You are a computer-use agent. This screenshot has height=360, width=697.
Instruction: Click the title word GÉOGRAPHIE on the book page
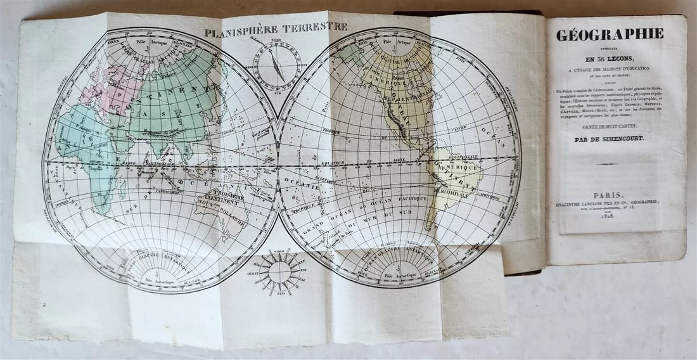coord(610,35)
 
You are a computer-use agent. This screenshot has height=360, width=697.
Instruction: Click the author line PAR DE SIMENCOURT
coord(609,138)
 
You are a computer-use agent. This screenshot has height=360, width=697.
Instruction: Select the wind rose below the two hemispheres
coord(279,271)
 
